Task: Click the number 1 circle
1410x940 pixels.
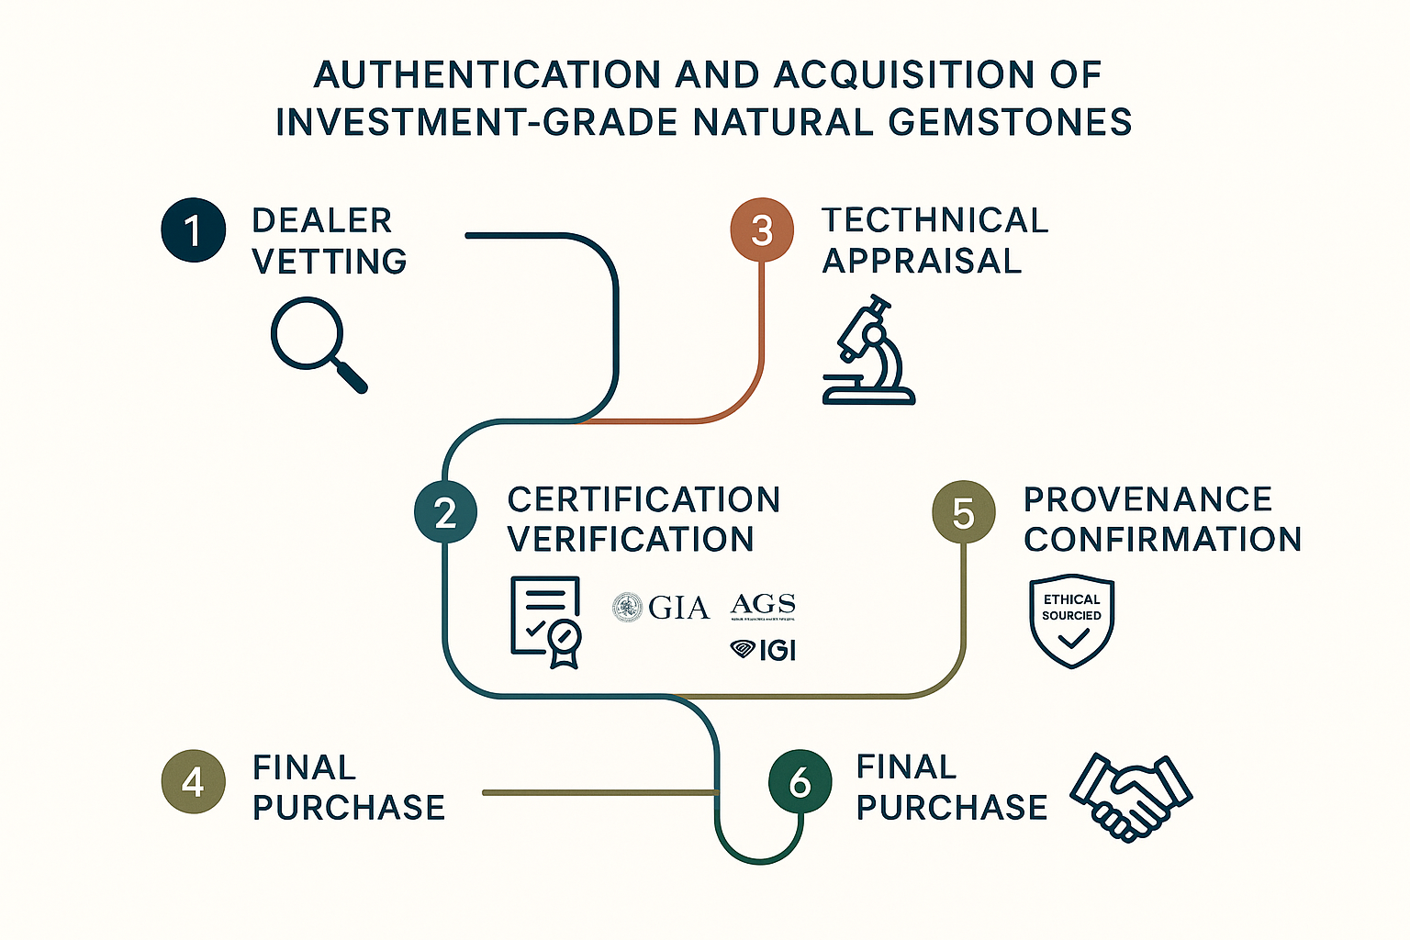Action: point(193,229)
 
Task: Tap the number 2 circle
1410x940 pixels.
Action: point(445,512)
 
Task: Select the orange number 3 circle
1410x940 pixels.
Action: point(762,229)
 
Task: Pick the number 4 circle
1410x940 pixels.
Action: point(193,781)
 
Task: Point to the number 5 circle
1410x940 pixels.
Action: point(963,512)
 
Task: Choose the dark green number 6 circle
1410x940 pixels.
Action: point(800,781)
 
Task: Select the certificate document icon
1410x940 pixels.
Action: point(546,621)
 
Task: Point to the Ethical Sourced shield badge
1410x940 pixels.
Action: point(1071,621)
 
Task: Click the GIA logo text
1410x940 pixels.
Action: point(678,608)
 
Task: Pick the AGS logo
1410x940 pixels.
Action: point(763,606)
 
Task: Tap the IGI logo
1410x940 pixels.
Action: point(764,650)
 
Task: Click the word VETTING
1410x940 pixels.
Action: point(330,262)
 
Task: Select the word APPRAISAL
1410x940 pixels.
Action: point(922,262)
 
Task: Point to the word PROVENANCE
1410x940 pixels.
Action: point(1147,499)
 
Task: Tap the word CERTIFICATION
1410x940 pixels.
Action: point(643,499)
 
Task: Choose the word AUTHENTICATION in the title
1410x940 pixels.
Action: point(487,75)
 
